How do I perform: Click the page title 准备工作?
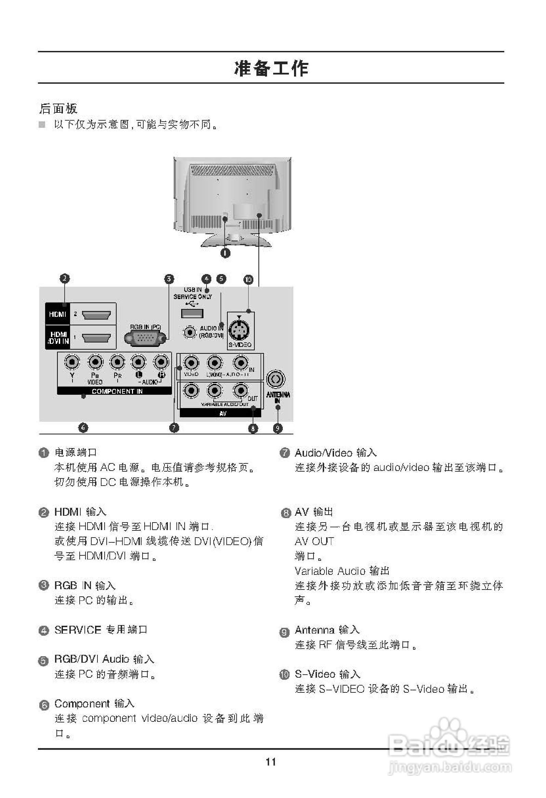pos(271,68)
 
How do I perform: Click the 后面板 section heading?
pos(58,108)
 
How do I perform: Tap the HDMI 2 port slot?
pos(96,314)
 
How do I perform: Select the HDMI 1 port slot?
pos(96,338)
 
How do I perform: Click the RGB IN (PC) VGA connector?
pos(145,339)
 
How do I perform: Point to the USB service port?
pos(192,313)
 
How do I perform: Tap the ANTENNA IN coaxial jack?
pos(276,379)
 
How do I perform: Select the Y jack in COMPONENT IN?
pos(72,362)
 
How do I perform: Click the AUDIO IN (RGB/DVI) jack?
pos(189,332)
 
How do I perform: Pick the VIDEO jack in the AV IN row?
pos(191,363)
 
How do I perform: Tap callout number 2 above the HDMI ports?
pos(64,279)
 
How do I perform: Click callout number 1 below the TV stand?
pos(225,253)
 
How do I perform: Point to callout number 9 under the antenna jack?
pos(278,428)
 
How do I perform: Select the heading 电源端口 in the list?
pos(76,452)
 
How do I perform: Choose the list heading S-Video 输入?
pos(328,674)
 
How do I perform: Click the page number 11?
pos(271,762)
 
